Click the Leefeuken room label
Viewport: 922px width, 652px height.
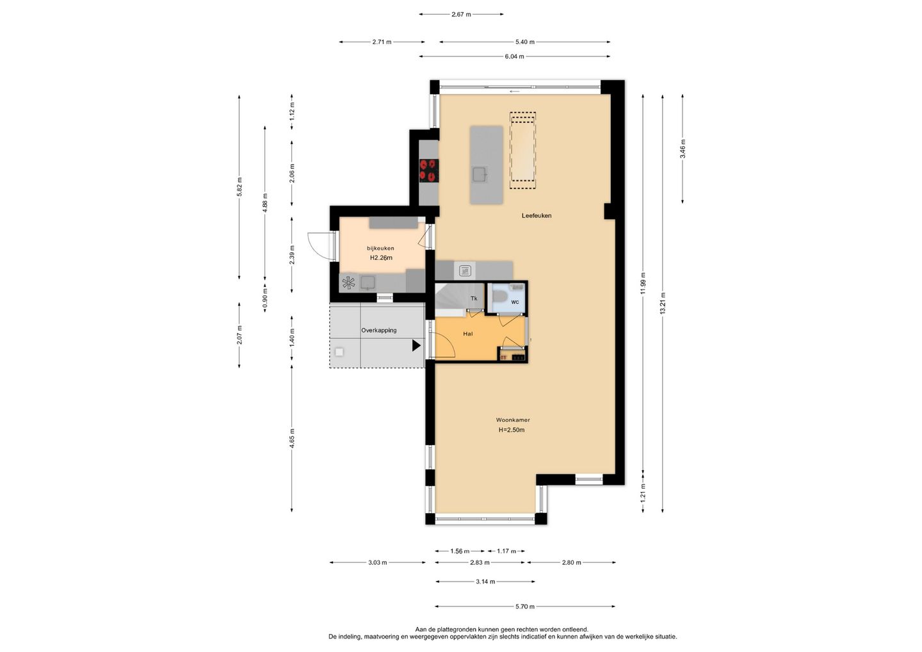tap(537, 216)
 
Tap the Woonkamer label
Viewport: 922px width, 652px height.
tap(512, 420)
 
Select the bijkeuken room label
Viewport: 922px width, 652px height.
tap(380, 249)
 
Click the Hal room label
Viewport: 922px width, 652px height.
tap(467, 334)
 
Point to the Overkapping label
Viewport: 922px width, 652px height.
tap(378, 330)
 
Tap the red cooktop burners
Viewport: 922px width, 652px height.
tap(429, 170)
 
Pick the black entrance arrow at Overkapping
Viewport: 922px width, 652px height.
tap(417, 346)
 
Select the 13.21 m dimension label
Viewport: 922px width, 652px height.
tap(662, 304)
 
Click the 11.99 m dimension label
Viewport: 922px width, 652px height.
tap(643, 284)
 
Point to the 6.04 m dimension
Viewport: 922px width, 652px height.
tap(515, 56)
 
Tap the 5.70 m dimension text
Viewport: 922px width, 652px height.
tap(525, 607)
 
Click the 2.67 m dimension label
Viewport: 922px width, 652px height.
tap(461, 14)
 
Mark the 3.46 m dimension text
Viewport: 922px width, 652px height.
tap(683, 149)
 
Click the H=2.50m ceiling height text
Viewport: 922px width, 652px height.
tap(512, 430)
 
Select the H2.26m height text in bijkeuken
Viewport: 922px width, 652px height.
tap(381, 258)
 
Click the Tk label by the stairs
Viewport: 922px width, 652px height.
tap(474, 298)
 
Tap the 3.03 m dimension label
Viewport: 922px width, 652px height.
tap(378, 563)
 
